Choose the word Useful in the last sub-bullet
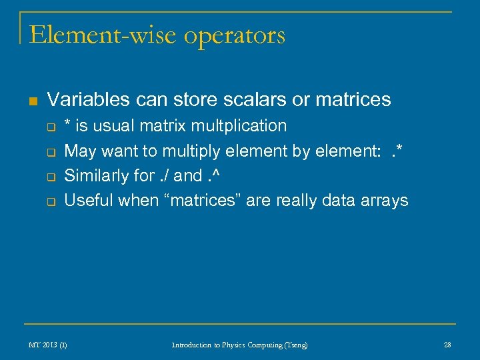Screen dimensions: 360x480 pos(88,201)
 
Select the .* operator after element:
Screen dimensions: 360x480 pos(397,151)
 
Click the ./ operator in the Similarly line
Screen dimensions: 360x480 pos(162,176)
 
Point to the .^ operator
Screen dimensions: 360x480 pos(215,176)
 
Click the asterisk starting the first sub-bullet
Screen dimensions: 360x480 pos(68,124)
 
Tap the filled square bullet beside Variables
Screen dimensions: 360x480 pos(32,101)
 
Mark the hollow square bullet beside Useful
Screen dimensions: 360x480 pos(51,202)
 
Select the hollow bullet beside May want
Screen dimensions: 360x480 pos(51,152)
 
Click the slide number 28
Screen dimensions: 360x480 pos(447,345)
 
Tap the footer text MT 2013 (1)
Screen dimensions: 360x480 pos(47,345)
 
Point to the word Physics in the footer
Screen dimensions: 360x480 pos(226,345)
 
